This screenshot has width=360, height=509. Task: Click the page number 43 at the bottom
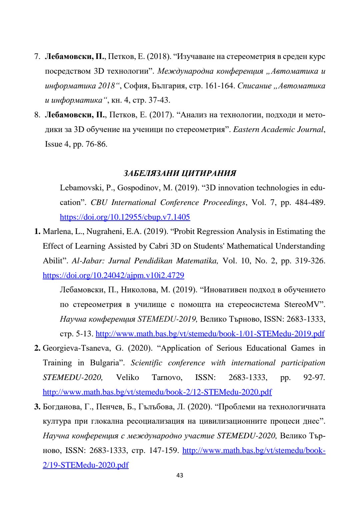point(180,475)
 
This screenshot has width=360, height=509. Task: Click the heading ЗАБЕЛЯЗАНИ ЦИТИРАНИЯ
point(180,173)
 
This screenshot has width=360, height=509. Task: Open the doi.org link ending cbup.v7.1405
point(125,217)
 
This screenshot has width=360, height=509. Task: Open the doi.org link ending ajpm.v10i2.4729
point(113,275)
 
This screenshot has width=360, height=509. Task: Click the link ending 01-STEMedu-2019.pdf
point(210,334)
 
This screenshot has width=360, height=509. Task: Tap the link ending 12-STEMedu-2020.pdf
point(157,392)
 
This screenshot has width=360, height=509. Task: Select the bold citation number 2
point(37,348)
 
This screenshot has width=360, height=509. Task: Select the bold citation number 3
point(37,407)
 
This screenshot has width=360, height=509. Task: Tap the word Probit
point(186,232)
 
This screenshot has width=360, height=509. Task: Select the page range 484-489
point(310,203)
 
